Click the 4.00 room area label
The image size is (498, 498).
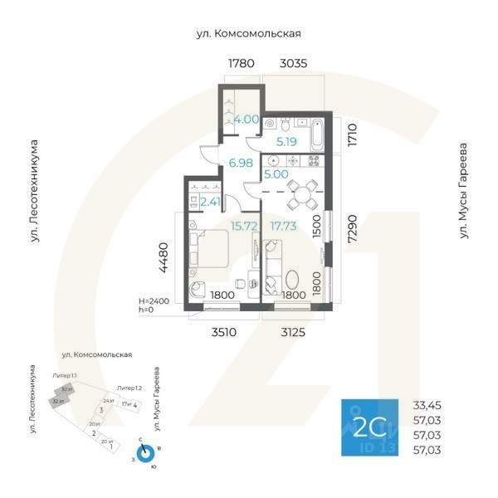point(247,120)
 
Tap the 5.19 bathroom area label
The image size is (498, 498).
point(287,142)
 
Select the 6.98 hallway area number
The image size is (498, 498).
point(240,163)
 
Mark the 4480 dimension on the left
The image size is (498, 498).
point(165,257)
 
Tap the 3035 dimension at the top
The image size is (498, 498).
point(296,63)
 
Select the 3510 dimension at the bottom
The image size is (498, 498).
point(222,332)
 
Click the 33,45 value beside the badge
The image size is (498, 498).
point(427,406)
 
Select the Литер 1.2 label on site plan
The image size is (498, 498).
point(129,388)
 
